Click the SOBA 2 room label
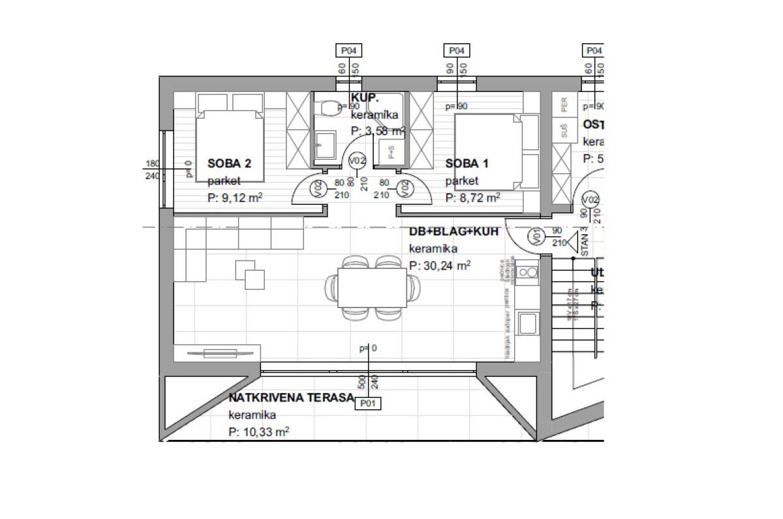229,165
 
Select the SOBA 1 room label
467,165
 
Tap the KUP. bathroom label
365,97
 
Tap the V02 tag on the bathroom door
357,161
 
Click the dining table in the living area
372,288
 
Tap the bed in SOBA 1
489,151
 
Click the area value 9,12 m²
236,198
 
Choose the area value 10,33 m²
259,432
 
